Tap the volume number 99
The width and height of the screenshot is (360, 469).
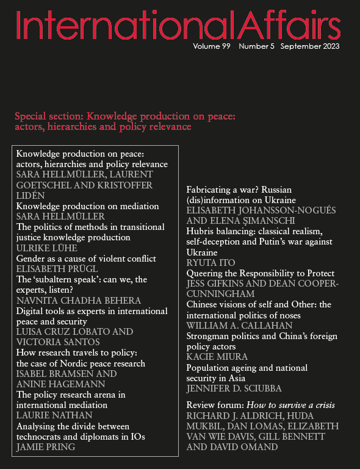[225, 46]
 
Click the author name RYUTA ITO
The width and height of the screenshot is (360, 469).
[209, 263]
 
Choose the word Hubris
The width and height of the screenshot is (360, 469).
[201, 232]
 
